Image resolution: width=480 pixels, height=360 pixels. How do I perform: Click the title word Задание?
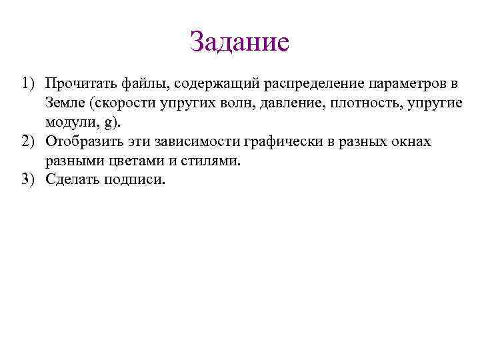239,42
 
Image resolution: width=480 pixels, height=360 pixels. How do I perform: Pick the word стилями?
203,161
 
